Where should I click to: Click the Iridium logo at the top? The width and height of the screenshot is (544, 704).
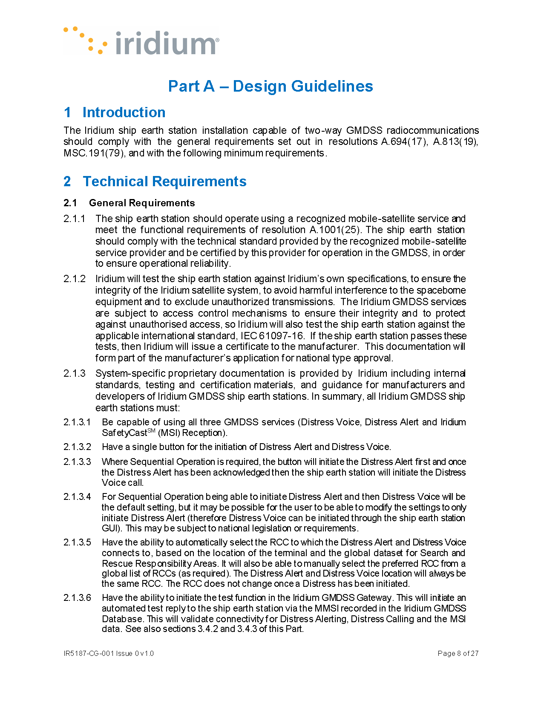[x=142, y=42]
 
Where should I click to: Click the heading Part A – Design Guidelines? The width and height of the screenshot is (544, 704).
[x=271, y=86]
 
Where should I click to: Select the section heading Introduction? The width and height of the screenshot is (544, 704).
[x=124, y=113]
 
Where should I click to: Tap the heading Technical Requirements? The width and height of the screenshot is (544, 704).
[x=164, y=182]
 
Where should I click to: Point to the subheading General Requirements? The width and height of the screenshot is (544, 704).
[x=142, y=203]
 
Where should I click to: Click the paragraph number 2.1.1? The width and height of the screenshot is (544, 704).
[x=75, y=219]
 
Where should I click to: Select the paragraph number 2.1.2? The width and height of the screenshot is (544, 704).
[x=75, y=279]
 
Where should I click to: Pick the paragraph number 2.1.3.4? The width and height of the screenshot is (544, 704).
[x=77, y=496]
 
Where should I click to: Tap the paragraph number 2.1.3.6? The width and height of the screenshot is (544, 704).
[x=77, y=597]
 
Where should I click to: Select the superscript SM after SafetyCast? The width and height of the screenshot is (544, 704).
[x=151, y=431]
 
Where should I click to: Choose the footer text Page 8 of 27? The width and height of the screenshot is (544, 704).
[x=458, y=653]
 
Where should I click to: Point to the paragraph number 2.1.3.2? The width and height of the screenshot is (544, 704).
[x=77, y=447]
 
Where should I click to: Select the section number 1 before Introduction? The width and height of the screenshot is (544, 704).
[x=67, y=113]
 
